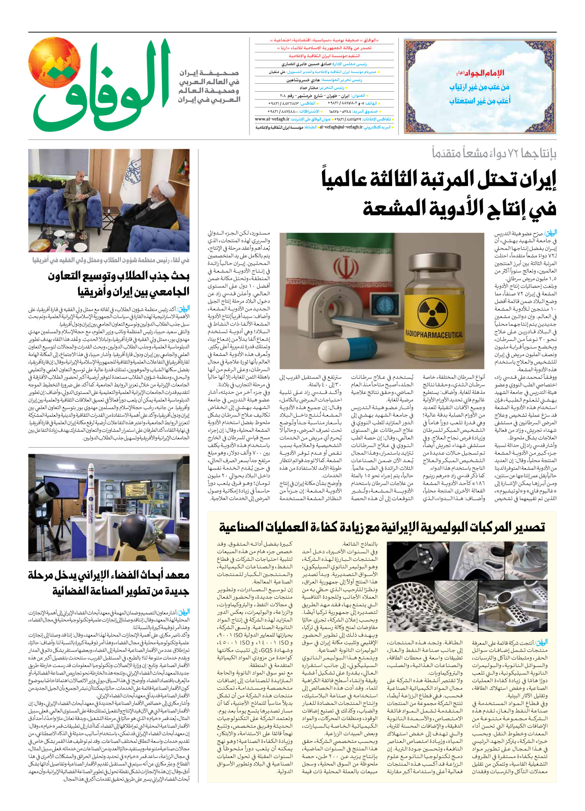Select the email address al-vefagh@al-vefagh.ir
coord(341,127)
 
